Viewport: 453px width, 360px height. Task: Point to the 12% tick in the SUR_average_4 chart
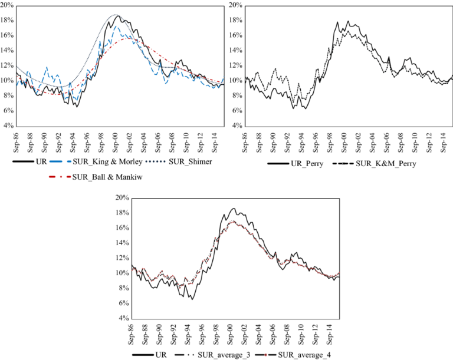(x=120, y=257)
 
